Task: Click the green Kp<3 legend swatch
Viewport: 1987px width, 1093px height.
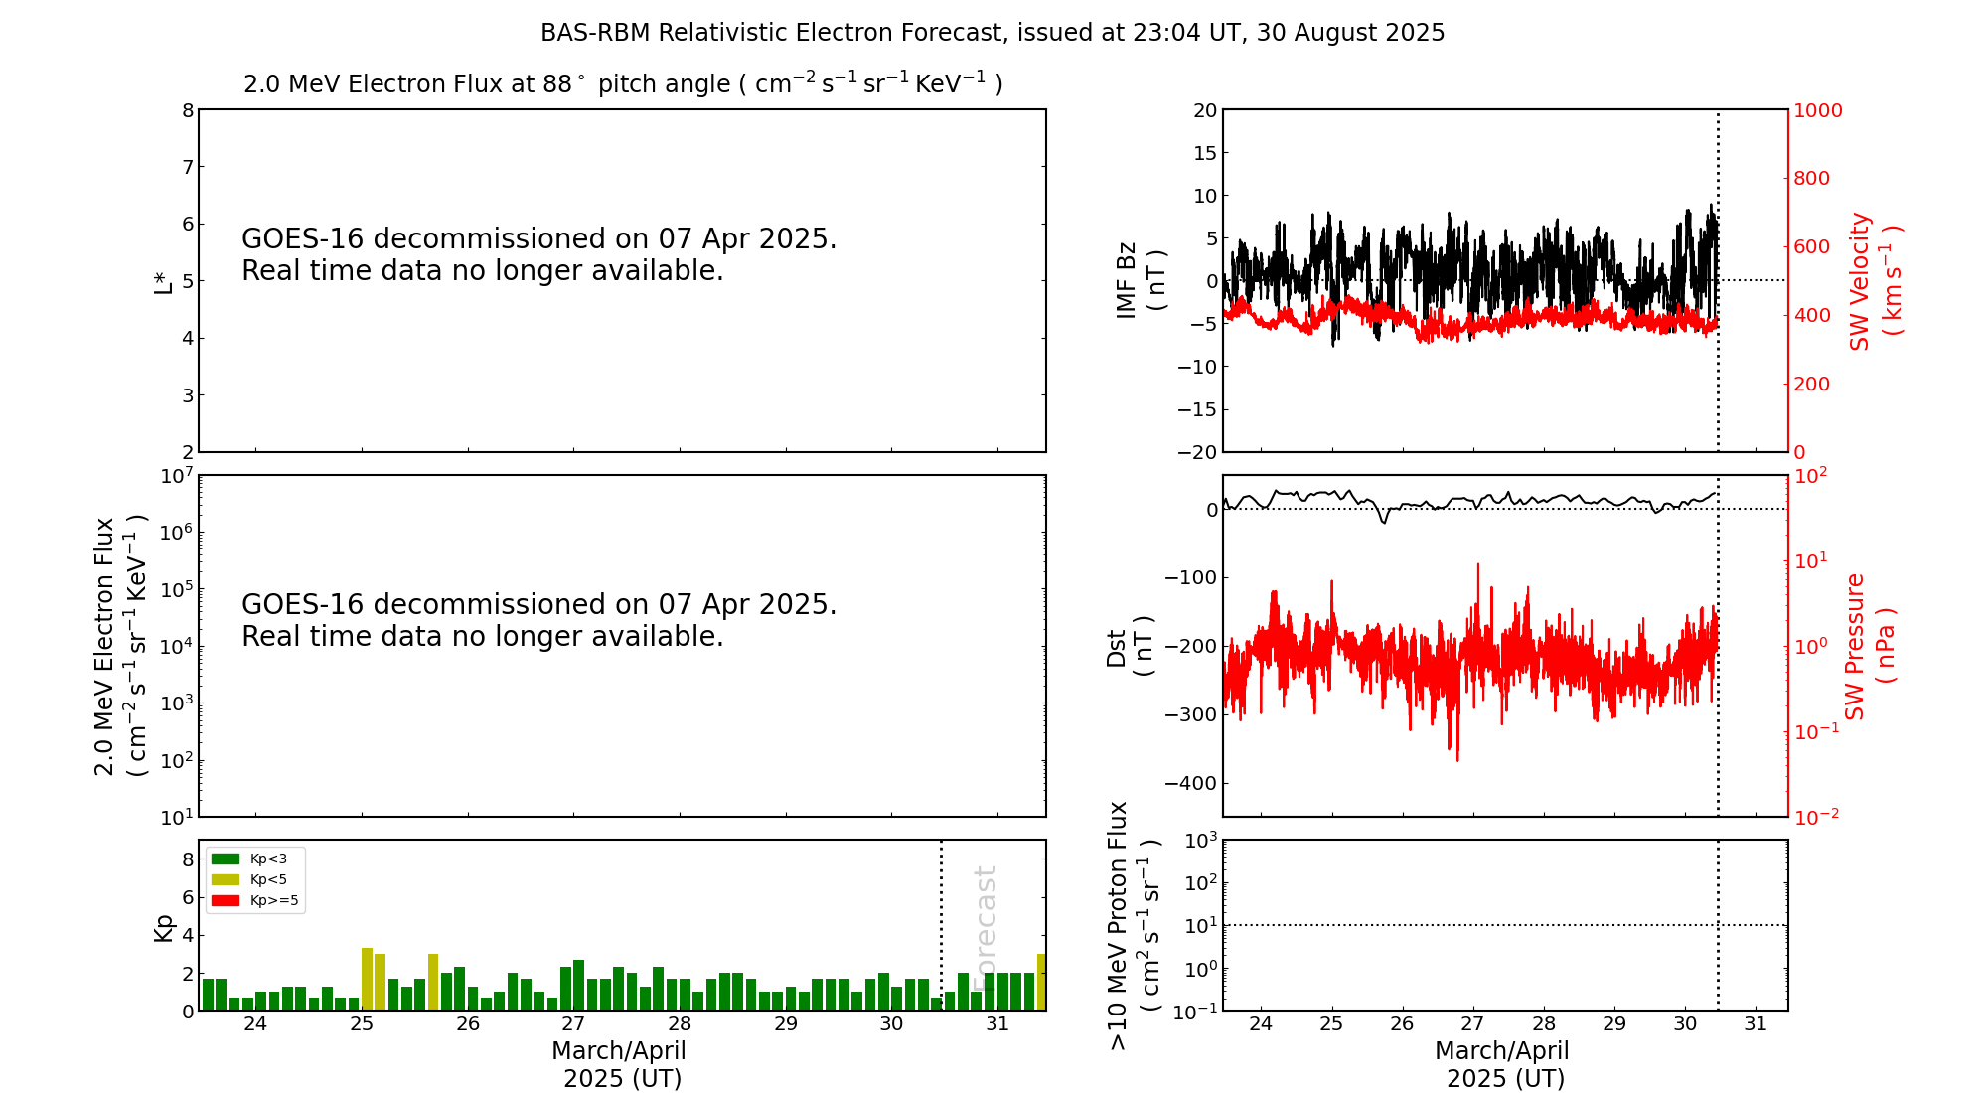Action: point(226,859)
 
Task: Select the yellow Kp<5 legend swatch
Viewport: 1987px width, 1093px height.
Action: point(226,879)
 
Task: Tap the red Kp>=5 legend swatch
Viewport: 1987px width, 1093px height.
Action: point(226,901)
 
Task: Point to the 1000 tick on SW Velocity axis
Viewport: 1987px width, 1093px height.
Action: point(1817,110)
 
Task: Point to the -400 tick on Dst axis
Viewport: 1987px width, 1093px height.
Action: point(1196,783)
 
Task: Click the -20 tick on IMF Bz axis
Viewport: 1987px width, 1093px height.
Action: point(1197,452)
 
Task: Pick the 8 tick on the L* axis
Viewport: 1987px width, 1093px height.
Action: point(188,110)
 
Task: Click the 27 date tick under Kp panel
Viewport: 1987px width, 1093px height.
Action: point(573,1024)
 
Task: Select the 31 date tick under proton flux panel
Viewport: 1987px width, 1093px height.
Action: point(1756,1024)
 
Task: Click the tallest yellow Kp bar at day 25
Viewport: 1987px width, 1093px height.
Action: point(367,979)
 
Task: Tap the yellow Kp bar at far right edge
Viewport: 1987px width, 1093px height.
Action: point(1041,982)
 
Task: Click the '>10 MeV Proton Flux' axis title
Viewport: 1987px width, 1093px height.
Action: point(1133,925)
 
